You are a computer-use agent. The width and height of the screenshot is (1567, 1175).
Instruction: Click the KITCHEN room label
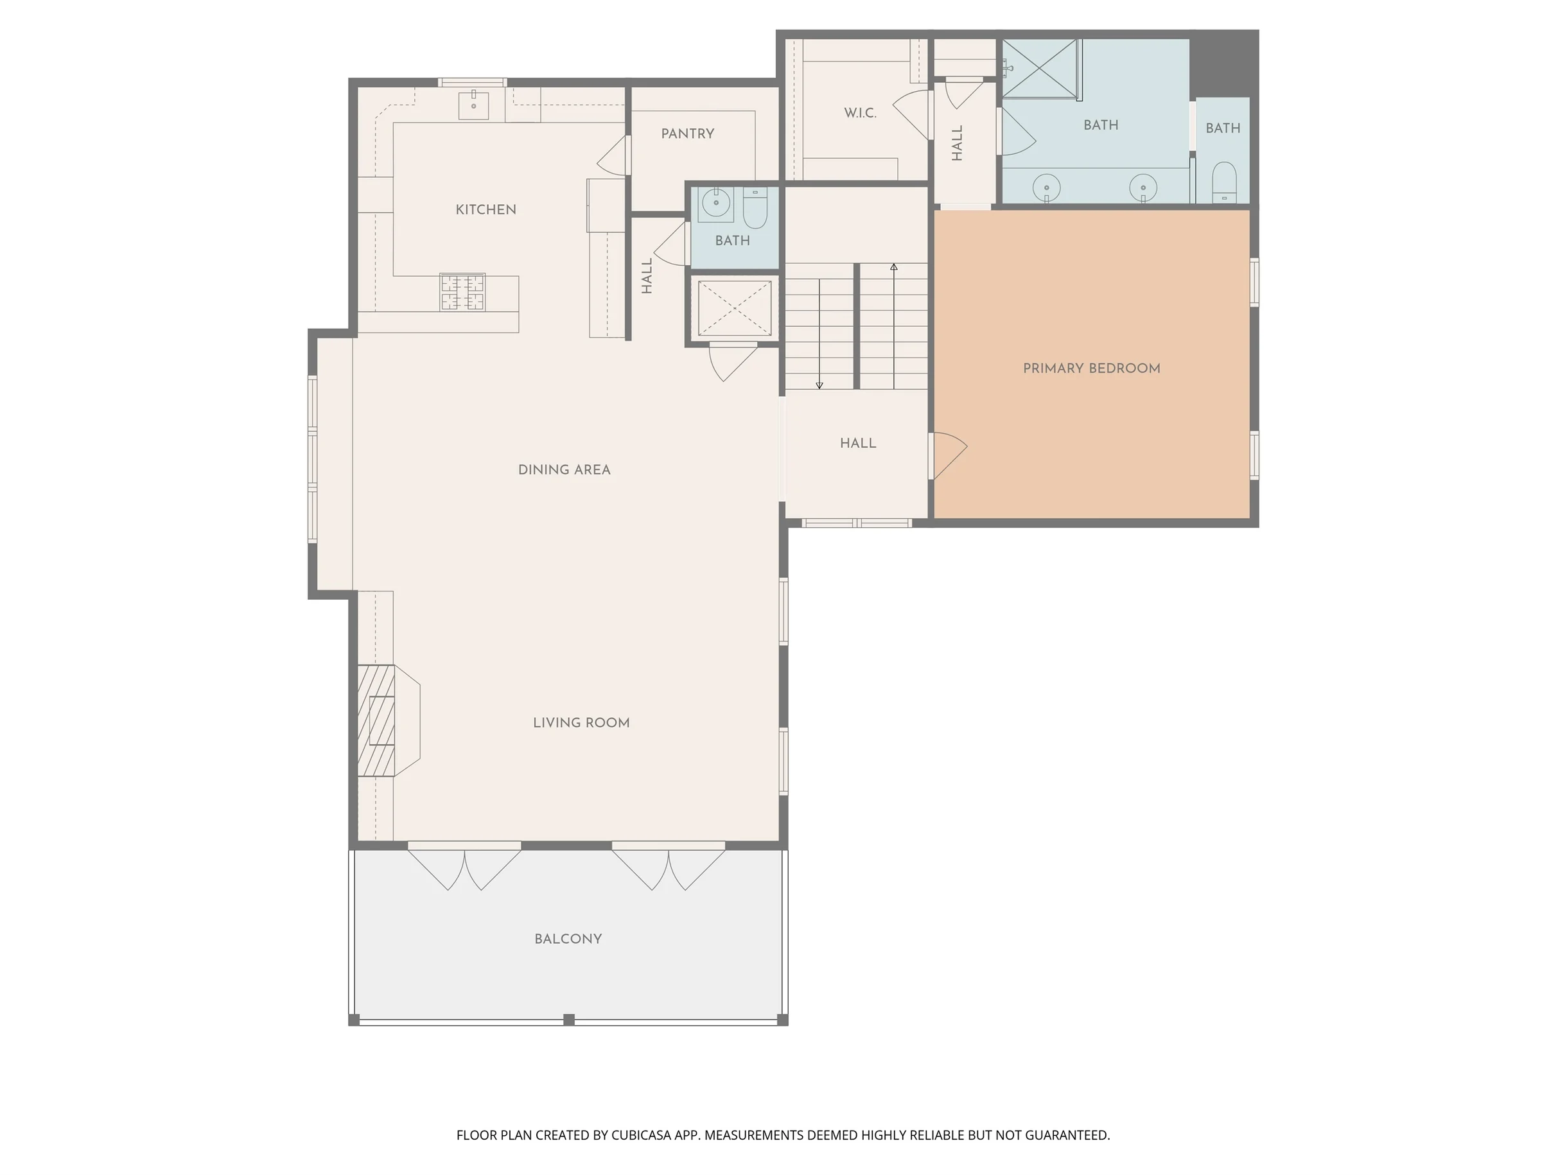(x=486, y=210)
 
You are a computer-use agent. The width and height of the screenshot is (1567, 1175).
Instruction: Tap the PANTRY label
(x=687, y=134)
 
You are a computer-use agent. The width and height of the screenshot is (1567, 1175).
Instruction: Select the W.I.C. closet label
(x=860, y=112)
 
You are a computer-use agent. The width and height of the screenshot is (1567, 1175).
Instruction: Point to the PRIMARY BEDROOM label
(x=1092, y=369)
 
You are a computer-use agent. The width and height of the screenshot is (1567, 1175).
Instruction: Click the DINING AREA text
(x=564, y=469)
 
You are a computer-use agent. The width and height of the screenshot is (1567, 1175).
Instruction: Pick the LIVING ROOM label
(x=581, y=722)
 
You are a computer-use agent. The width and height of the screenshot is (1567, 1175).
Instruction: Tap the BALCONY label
(x=568, y=939)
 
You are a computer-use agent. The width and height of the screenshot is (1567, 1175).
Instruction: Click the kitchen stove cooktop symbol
(x=462, y=292)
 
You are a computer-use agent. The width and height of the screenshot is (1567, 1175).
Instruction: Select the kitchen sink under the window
(x=473, y=105)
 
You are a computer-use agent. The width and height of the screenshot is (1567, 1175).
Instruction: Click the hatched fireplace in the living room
(x=376, y=720)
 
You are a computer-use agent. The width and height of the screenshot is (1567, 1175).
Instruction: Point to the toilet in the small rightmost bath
(x=1224, y=182)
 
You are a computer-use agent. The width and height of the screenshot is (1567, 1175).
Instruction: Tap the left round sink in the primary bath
(x=1046, y=187)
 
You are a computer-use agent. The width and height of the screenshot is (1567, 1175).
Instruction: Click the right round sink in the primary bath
(x=1142, y=187)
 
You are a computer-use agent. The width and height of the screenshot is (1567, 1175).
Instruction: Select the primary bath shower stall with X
(x=1040, y=68)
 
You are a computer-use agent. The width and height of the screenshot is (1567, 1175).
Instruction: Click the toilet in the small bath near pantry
(x=755, y=207)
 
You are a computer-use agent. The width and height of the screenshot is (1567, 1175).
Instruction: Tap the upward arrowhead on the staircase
(x=894, y=267)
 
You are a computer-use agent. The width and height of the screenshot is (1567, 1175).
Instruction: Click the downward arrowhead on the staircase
(x=819, y=386)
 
